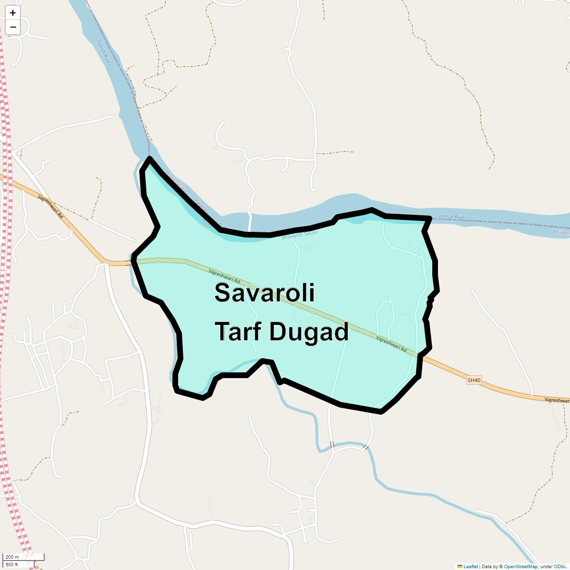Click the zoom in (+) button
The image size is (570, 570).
(x=13, y=13)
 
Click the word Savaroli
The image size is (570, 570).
(x=264, y=292)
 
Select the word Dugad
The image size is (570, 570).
(x=309, y=331)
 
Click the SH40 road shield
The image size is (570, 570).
(x=474, y=380)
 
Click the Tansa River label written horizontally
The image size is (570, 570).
(x=452, y=217)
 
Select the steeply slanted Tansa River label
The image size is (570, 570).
(x=103, y=52)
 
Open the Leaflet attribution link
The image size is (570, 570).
(x=470, y=566)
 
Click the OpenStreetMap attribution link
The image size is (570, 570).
(x=521, y=566)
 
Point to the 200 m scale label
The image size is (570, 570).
(x=12, y=557)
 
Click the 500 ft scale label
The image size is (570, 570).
(x=12, y=564)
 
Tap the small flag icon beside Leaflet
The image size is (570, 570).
(x=459, y=566)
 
